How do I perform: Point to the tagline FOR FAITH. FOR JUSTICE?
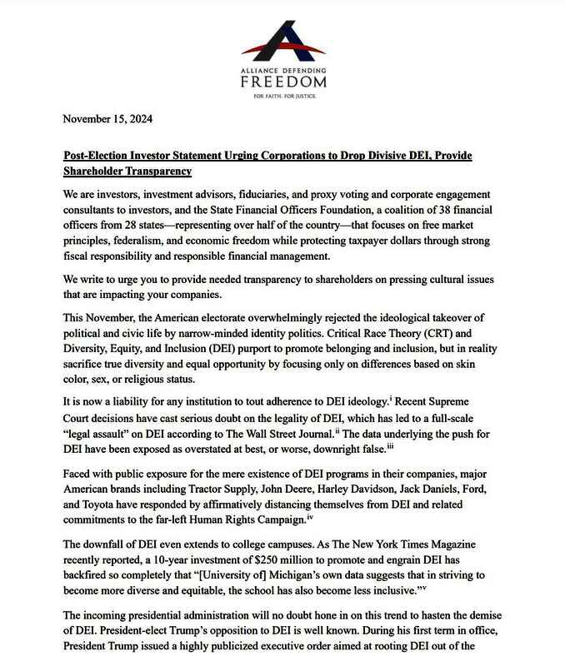pos(282,96)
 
